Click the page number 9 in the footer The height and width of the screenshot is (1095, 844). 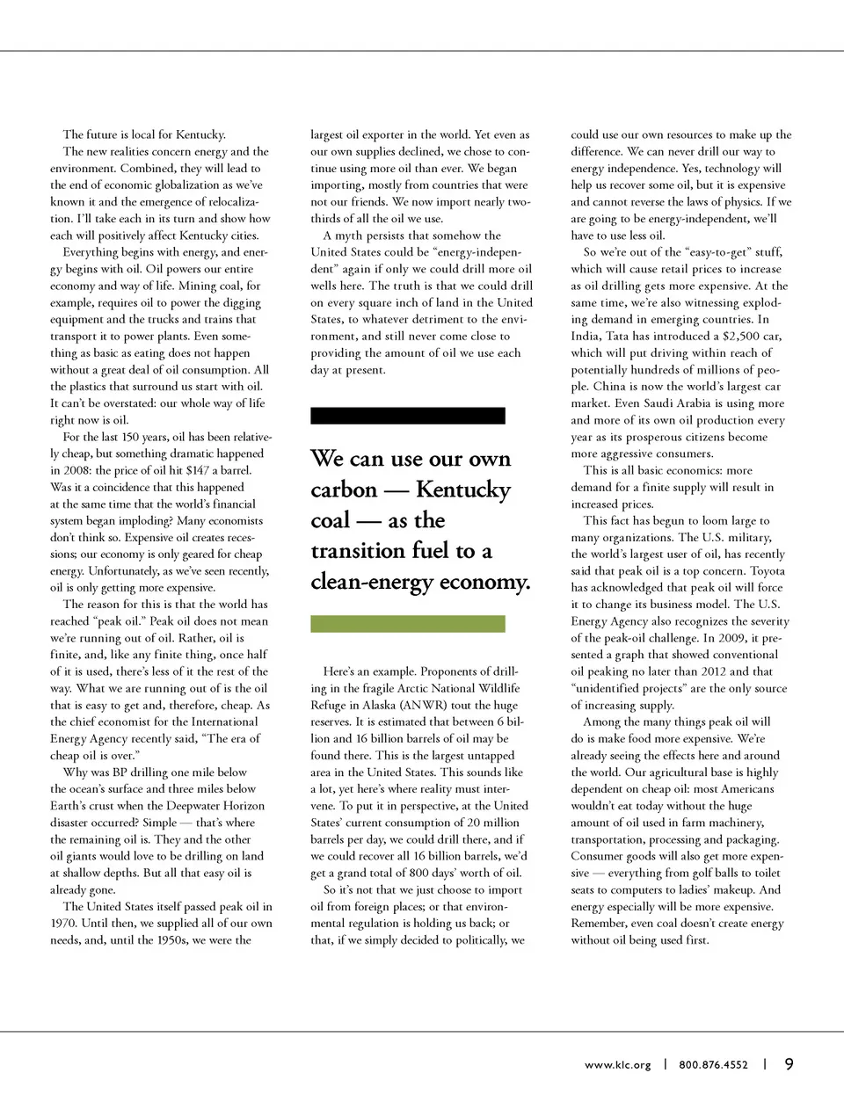(789, 1064)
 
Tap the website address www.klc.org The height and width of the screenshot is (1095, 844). (618, 1065)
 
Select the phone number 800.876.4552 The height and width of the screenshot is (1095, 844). (713, 1065)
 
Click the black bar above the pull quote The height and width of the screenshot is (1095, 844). (408, 416)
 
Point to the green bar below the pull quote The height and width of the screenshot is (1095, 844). (408, 624)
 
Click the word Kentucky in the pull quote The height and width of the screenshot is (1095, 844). (462, 490)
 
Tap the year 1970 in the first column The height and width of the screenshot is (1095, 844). (65, 923)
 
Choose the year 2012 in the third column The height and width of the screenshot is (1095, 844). (711, 671)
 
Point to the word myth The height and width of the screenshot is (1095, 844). (353, 236)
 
